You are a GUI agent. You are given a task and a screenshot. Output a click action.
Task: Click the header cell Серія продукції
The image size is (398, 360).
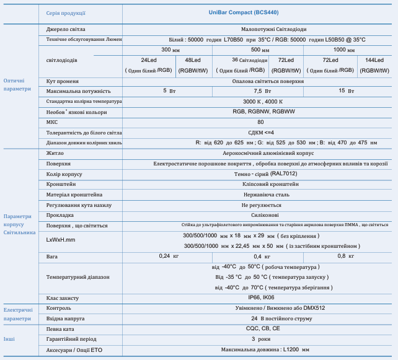click(x=66, y=12)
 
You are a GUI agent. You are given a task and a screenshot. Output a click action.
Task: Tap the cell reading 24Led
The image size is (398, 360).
click(x=149, y=60)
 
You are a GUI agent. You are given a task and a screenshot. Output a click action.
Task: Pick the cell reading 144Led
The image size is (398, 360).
click(x=374, y=60)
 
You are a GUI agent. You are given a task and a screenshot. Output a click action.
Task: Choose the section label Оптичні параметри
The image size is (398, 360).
click(x=17, y=85)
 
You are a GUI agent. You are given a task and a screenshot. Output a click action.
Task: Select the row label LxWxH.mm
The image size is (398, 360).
click(x=61, y=240)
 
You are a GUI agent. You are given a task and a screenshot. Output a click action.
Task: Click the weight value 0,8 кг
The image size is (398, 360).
click(x=345, y=256)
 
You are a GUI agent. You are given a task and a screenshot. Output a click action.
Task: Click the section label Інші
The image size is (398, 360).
click(x=10, y=339)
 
